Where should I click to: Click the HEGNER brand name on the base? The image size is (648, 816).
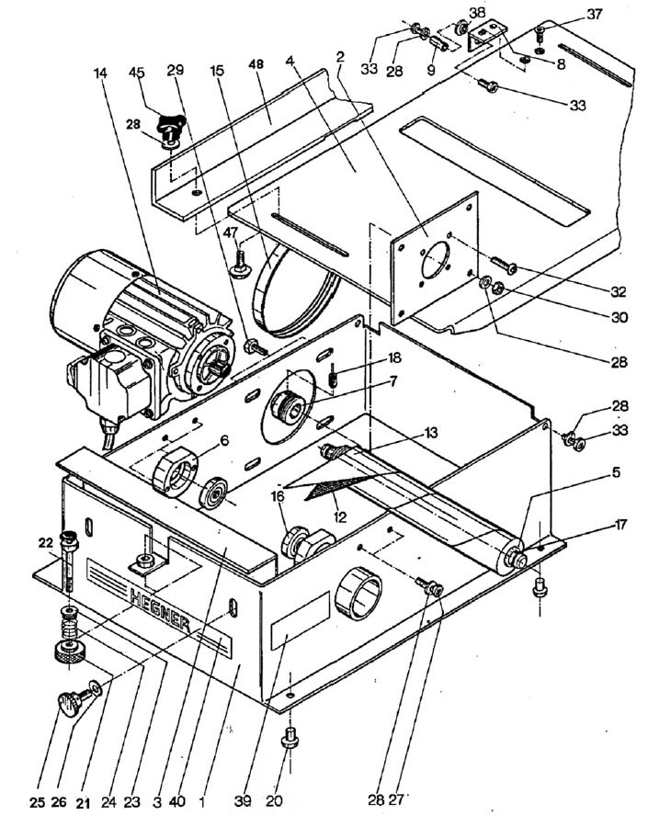(x=161, y=610)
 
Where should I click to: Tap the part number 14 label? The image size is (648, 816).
(x=101, y=73)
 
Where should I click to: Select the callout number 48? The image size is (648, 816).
(x=256, y=64)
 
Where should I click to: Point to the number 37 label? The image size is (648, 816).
(x=595, y=14)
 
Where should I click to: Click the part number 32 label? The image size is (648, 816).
(x=619, y=292)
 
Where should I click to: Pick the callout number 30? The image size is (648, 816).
(x=619, y=316)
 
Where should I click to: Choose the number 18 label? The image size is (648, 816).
(x=394, y=358)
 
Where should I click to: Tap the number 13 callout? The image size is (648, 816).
(x=430, y=433)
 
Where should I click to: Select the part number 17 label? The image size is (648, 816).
(x=620, y=524)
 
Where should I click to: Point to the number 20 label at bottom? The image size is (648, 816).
(x=274, y=801)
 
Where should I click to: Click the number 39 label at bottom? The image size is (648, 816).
(x=243, y=801)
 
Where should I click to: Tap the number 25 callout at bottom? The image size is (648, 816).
(x=37, y=802)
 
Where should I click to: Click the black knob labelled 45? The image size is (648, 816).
(x=172, y=124)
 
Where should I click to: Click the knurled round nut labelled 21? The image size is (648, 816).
(x=68, y=652)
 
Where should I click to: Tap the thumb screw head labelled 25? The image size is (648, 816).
(x=69, y=704)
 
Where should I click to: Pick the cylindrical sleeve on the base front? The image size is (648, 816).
(x=358, y=592)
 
